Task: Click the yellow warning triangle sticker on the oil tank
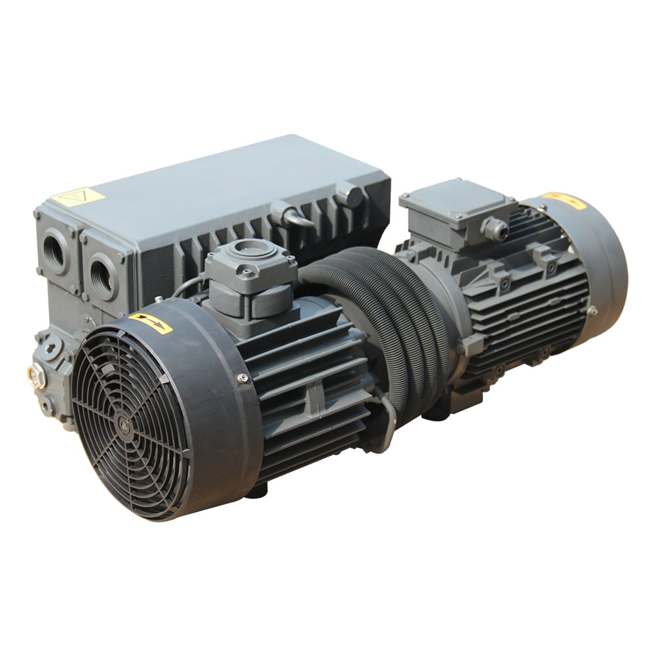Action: pos(77,197)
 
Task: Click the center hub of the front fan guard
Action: pos(124,423)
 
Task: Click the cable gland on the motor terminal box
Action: pos(495,229)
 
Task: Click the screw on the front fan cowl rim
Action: pos(243,378)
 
